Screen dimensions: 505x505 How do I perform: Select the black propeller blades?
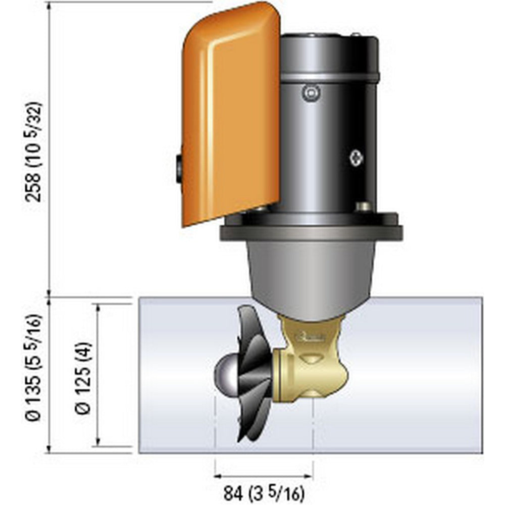252,374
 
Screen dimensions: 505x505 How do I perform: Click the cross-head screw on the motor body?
357,158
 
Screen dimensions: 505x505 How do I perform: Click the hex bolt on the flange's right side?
363,207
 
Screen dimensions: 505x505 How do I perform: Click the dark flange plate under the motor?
311,232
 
